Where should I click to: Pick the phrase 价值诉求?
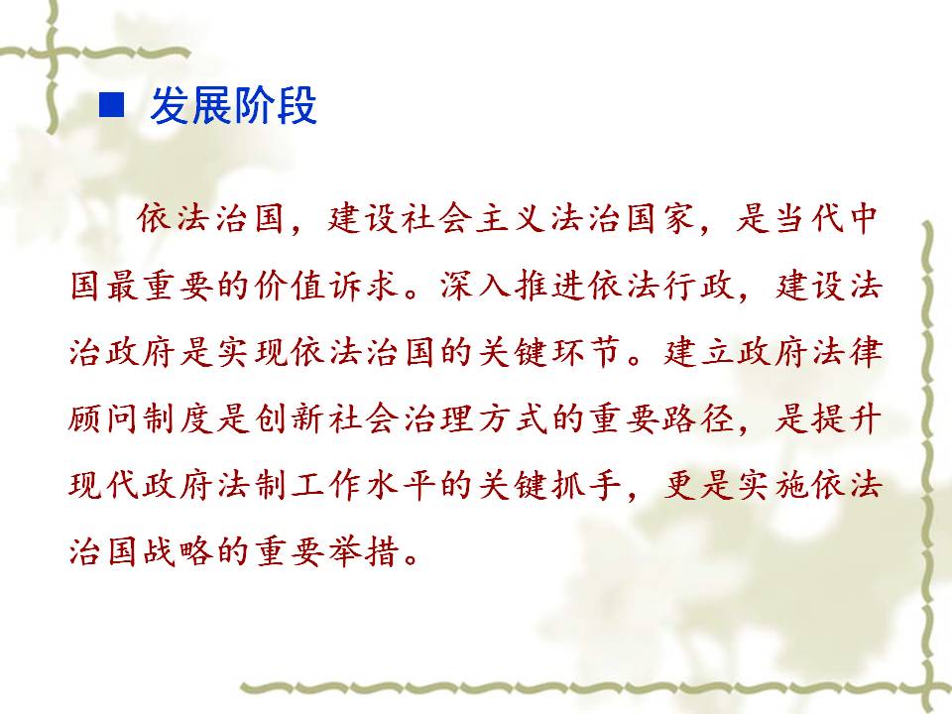click(325, 286)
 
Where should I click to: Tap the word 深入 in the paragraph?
click(475, 286)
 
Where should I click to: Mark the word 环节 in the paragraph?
click(586, 352)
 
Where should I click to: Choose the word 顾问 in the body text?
click(103, 418)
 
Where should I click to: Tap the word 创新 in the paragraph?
click(289, 418)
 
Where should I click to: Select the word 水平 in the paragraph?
click(401, 486)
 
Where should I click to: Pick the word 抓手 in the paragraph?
click(586, 486)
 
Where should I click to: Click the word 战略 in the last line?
click(178, 551)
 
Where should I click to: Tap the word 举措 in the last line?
click(364, 551)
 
